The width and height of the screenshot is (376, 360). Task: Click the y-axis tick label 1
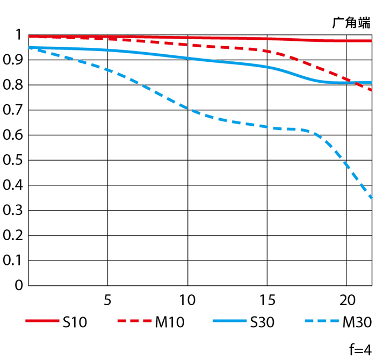pyautogui.click(x=18, y=35)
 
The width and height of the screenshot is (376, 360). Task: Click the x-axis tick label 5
pyautogui.click(x=108, y=299)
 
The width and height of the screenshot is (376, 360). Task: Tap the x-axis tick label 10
pyautogui.click(x=187, y=299)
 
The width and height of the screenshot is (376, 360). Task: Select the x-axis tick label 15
pyautogui.click(x=267, y=299)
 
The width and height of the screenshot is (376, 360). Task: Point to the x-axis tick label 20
pyautogui.click(x=346, y=299)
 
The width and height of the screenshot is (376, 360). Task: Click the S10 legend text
pyautogui.click(x=75, y=322)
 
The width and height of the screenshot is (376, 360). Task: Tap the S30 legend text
pyautogui.click(x=262, y=322)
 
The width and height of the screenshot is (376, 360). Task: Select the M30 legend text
pyautogui.click(x=357, y=322)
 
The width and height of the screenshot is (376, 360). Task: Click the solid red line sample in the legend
pyautogui.click(x=41, y=322)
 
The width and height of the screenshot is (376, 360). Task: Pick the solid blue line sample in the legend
pyautogui.click(x=229, y=322)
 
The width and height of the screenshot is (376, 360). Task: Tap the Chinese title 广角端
pyautogui.click(x=351, y=23)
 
